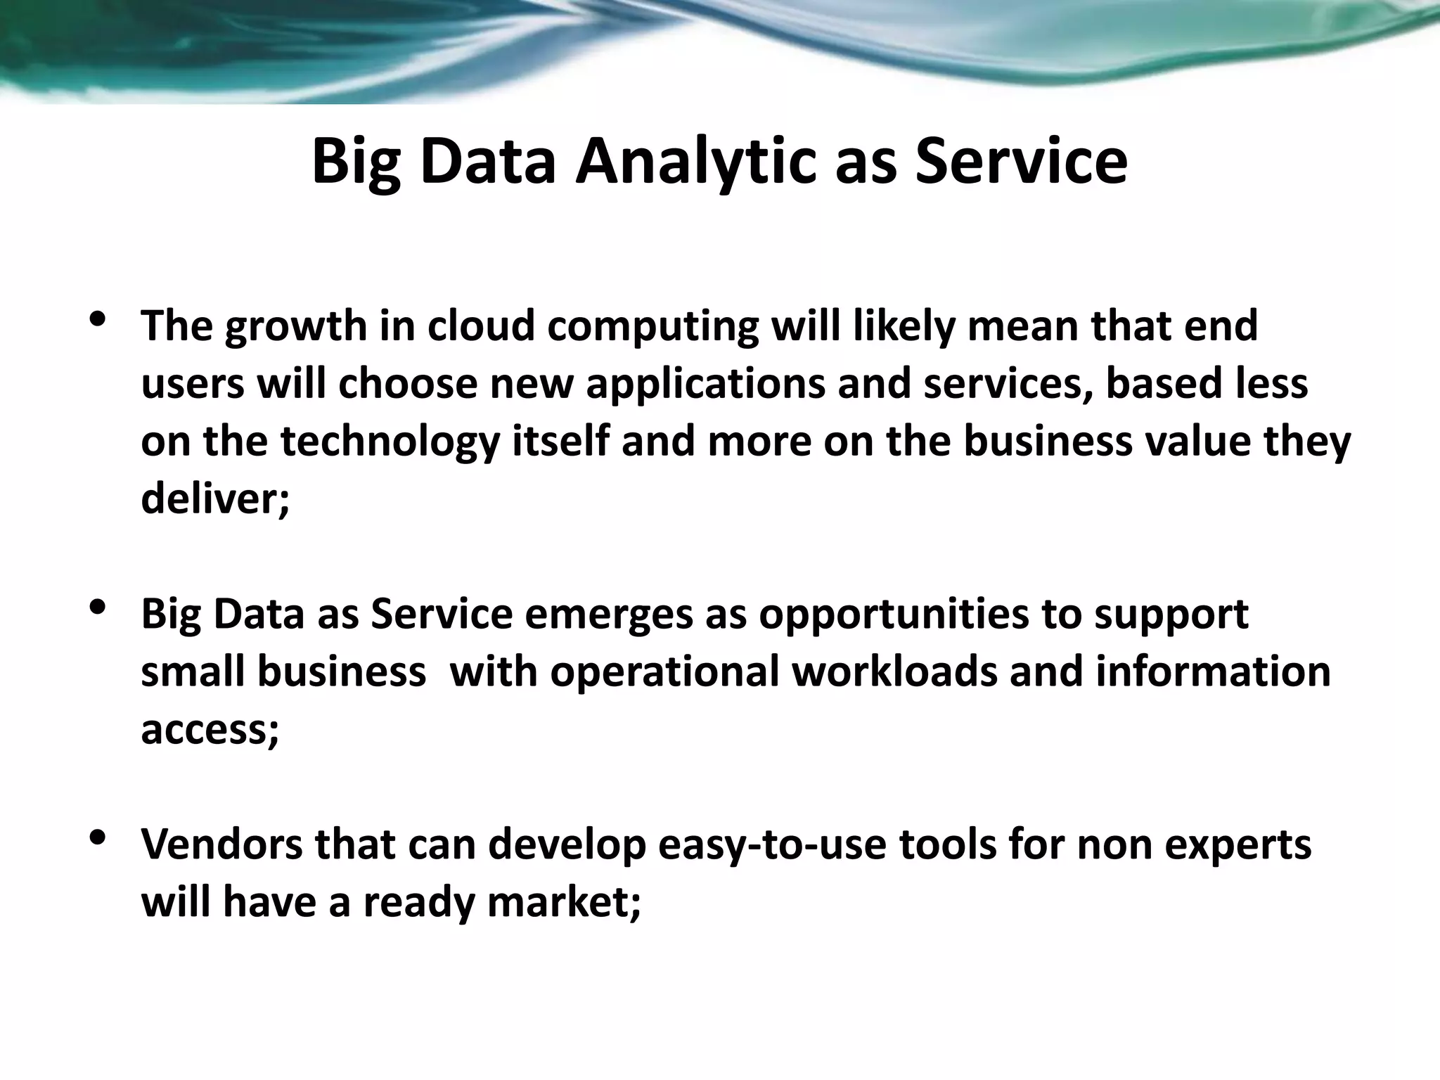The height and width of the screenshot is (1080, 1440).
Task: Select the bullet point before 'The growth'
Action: [98, 319]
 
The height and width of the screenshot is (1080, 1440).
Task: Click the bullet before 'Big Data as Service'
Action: [98, 606]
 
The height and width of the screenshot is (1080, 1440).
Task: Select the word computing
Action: [652, 328]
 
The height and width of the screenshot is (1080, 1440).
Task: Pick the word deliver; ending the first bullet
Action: [214, 499]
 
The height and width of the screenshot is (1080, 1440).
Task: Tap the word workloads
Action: [894, 671]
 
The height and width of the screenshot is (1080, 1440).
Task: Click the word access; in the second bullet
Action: [210, 730]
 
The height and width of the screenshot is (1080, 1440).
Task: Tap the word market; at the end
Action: [564, 902]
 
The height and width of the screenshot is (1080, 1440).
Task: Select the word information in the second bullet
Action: [1213, 671]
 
